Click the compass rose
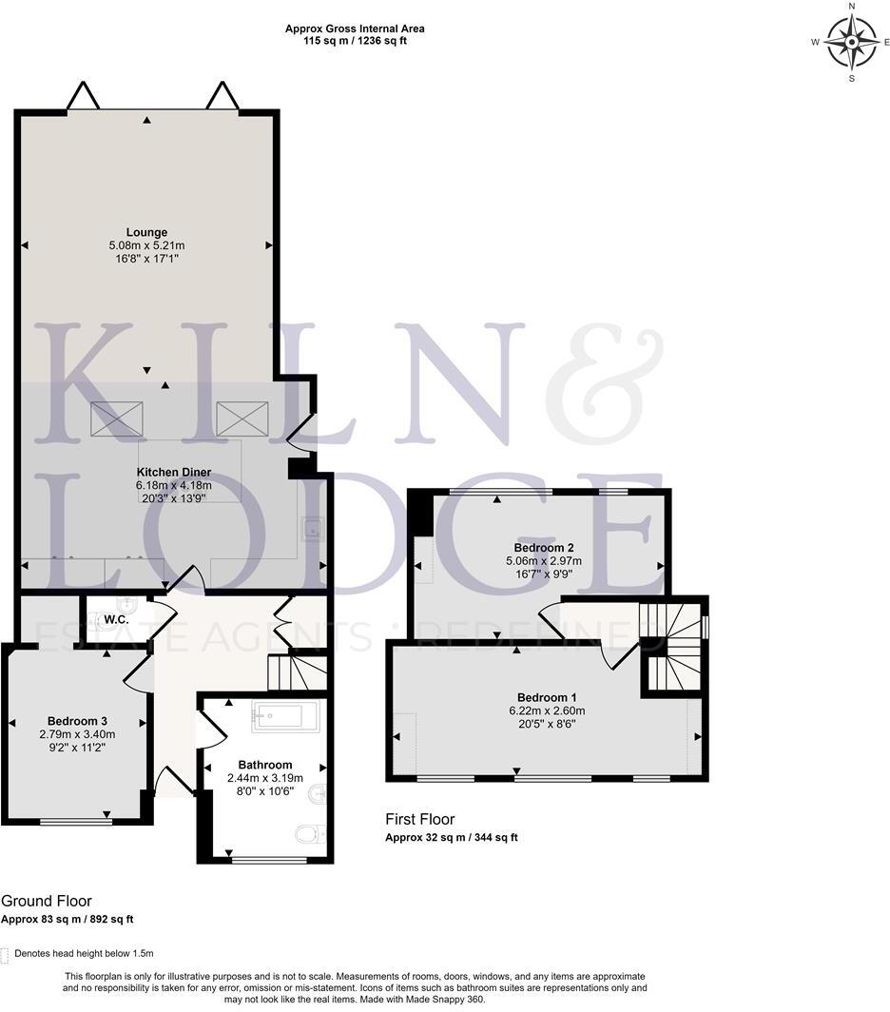pyautogui.click(x=851, y=43)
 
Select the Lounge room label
pyautogui.click(x=146, y=232)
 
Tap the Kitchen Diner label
pyautogui.click(x=173, y=473)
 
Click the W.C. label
pyautogui.click(x=116, y=620)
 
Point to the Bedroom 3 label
pyautogui.click(x=77, y=721)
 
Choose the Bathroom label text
pyautogui.click(x=264, y=765)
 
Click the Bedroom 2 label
pyautogui.click(x=543, y=548)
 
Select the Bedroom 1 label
pyautogui.click(x=546, y=696)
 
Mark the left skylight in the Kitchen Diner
pyautogui.click(x=117, y=418)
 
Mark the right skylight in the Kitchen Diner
pyautogui.click(x=242, y=418)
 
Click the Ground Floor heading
pyautogui.click(x=47, y=902)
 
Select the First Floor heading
pyautogui.click(x=419, y=819)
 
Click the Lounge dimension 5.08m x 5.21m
pyautogui.click(x=146, y=245)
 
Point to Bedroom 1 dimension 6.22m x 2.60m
pyautogui.click(x=546, y=710)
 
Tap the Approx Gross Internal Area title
pyautogui.click(x=355, y=29)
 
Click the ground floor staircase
pyautogui.click(x=296, y=671)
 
